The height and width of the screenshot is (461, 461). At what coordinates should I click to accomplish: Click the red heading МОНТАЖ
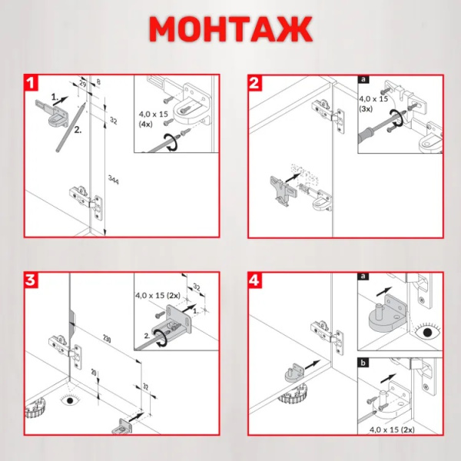tap(230, 29)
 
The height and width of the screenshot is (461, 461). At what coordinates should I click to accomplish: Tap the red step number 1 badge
tap(32, 83)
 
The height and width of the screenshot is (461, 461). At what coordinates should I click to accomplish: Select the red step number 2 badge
tap(254, 83)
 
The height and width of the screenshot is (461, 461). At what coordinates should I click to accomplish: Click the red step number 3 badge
tap(32, 280)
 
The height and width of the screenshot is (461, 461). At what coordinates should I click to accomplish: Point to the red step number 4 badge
tap(254, 280)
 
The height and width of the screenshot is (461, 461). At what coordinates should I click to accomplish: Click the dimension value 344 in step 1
tap(114, 180)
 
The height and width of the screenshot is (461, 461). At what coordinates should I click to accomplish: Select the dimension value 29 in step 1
tap(83, 85)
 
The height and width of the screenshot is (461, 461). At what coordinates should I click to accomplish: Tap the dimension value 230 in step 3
tap(107, 339)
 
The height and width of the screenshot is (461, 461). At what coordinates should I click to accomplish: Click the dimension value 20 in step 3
tap(94, 373)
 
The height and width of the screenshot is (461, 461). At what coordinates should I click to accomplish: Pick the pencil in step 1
tap(71, 127)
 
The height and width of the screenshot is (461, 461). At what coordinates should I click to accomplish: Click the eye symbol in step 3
tap(70, 400)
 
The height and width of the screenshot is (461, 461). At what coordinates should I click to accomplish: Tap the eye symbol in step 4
tap(428, 332)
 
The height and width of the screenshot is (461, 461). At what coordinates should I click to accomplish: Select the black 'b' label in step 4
tap(363, 363)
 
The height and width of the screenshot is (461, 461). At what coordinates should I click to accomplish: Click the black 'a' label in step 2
tap(363, 79)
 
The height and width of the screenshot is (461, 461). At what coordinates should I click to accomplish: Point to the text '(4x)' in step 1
tap(145, 124)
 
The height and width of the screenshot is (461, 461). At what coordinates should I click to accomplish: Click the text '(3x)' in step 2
tap(366, 109)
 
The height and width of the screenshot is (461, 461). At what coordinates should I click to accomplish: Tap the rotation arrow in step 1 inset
tap(171, 142)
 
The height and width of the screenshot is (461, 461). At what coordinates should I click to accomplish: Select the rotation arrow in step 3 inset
tap(161, 338)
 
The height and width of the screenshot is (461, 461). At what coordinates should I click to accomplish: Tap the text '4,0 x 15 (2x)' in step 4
tap(392, 429)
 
